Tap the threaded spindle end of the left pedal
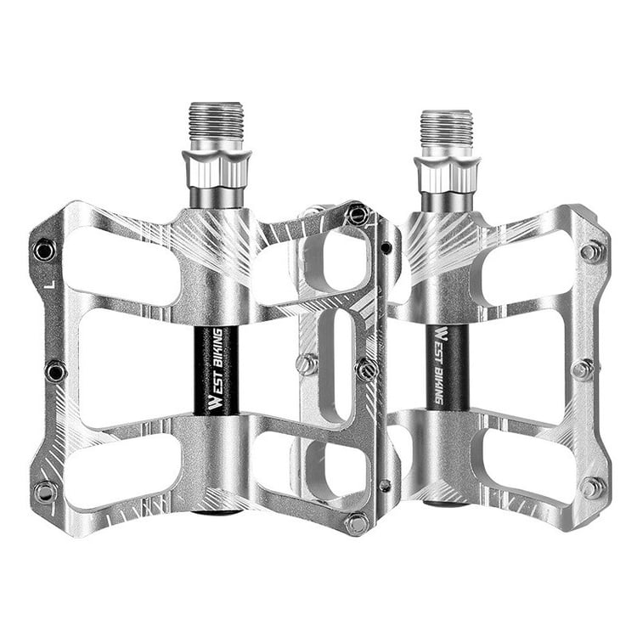(x=217, y=121)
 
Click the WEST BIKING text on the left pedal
(x=216, y=369)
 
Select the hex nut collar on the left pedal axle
(x=217, y=168)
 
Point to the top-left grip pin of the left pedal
(x=44, y=251)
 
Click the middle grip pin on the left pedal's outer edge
(x=55, y=371)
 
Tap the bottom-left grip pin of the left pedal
(x=45, y=493)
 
